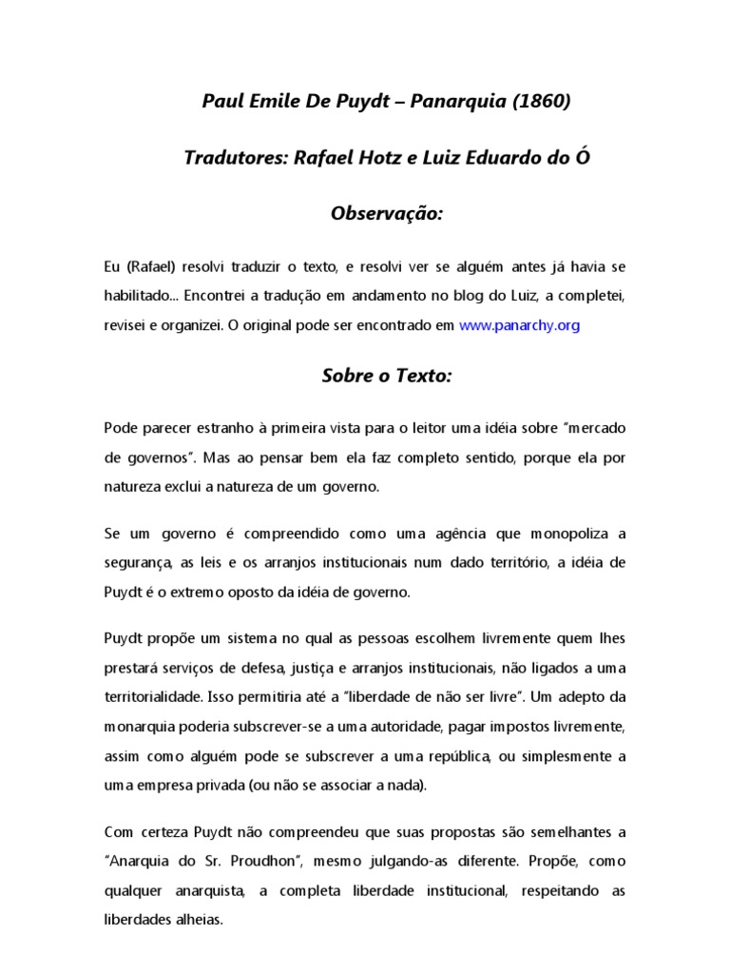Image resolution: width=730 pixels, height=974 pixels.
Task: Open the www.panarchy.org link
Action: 519,324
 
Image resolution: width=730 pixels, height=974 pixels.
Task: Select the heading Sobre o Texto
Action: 387,376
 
